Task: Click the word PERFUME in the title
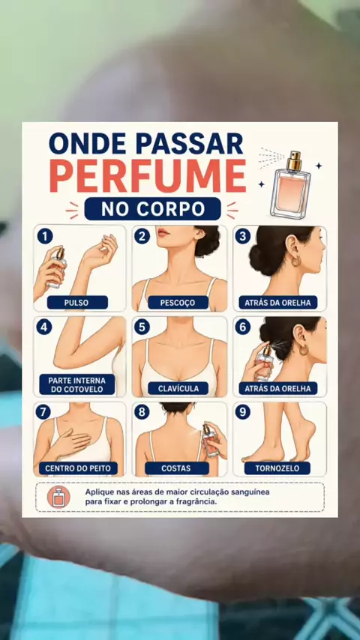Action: pyautogui.click(x=148, y=176)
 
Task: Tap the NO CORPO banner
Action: pyautogui.click(x=152, y=209)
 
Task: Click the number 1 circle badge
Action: pyautogui.click(x=44, y=236)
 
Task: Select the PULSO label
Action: pyautogui.click(x=78, y=303)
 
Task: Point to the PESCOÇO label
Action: pyautogui.click(x=178, y=303)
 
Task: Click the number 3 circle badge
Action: pyautogui.click(x=242, y=236)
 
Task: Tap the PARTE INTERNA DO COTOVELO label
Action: pyautogui.click(x=77, y=384)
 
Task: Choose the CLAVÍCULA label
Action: pyautogui.click(x=178, y=388)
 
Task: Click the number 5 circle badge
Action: pyautogui.click(x=142, y=327)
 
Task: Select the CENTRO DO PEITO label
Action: pyautogui.click(x=78, y=468)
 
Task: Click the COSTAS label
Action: pyautogui.click(x=176, y=468)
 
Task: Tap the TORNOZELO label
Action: pyautogui.click(x=277, y=468)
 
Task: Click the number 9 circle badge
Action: pyautogui.click(x=242, y=412)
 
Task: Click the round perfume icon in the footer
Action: pyautogui.click(x=58, y=497)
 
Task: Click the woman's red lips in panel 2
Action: pyautogui.click(x=163, y=232)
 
